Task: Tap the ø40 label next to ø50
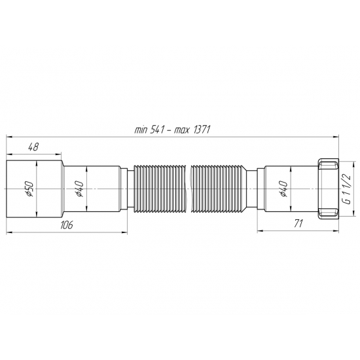[79, 189]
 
